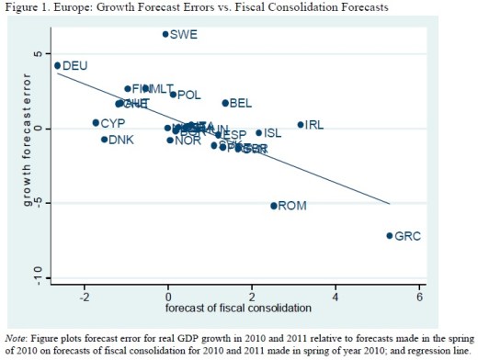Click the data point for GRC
point(390,235)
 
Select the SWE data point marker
point(165,34)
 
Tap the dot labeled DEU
point(57,65)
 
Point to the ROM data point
point(273,206)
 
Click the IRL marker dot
point(300,124)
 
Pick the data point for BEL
point(225,103)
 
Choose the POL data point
point(173,94)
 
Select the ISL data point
point(258,133)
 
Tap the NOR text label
point(188,141)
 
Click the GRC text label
point(407,236)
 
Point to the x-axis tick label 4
point(336,296)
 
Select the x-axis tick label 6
point(419,296)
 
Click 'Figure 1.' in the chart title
point(25,7)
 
